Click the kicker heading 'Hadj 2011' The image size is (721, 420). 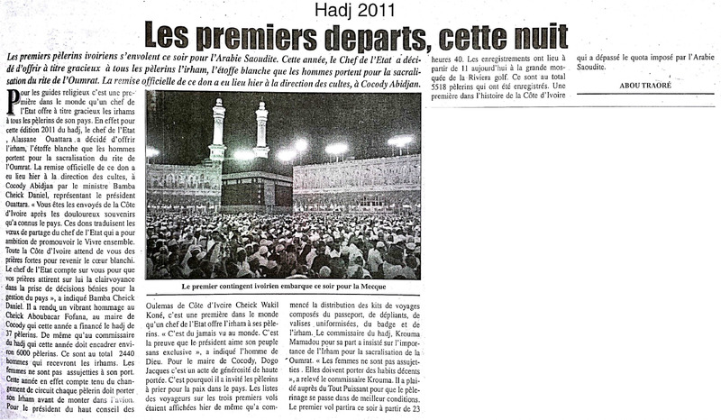coord(360,10)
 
